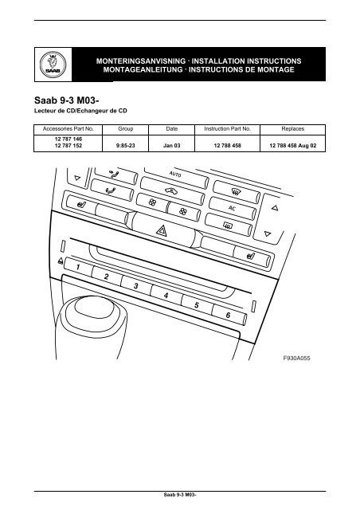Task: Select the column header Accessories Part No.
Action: [68, 127]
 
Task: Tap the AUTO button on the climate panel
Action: [177, 174]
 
